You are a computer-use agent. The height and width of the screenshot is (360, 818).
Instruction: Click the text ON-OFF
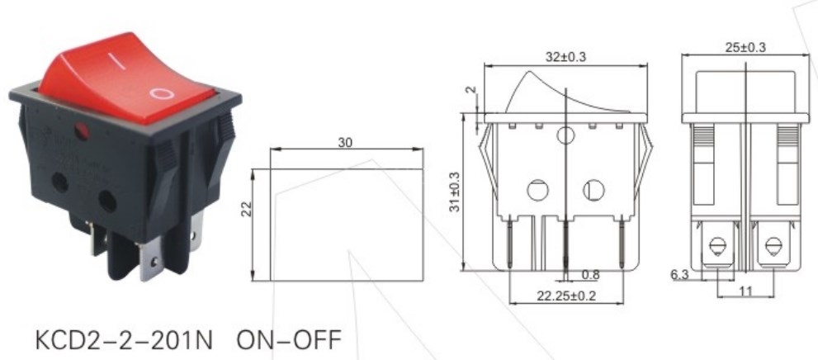click(x=287, y=340)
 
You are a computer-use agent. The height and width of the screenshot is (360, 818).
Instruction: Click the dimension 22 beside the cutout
click(x=245, y=211)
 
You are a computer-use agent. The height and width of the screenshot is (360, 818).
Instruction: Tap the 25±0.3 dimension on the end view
click(x=745, y=47)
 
